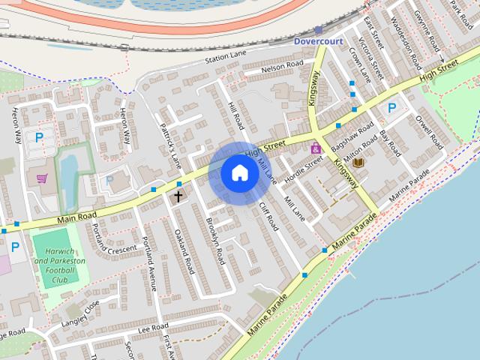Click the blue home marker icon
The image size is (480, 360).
click(239, 173)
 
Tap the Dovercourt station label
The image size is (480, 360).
click(317, 40)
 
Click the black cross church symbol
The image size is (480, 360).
click(178, 197)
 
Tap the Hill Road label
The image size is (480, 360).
click(235, 113)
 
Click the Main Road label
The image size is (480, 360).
click(77, 217)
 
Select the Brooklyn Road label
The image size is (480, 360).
click(215, 241)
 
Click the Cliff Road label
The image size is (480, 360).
click(268, 216)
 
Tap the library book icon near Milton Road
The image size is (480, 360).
click(358, 162)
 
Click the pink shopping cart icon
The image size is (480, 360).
click(42, 178)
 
